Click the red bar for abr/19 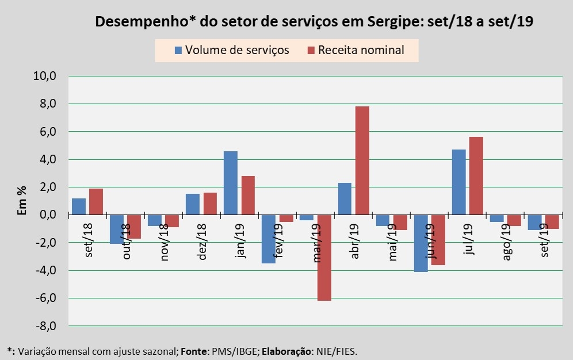[x=362, y=160]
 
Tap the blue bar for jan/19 [x=230, y=183]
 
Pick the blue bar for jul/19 [x=458, y=182]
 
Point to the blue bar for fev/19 [x=268, y=239]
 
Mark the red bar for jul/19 [x=476, y=175]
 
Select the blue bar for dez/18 [x=192, y=204]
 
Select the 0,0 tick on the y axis [x=45, y=215]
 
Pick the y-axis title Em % [x=22, y=201]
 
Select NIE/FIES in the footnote [x=341, y=350]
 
